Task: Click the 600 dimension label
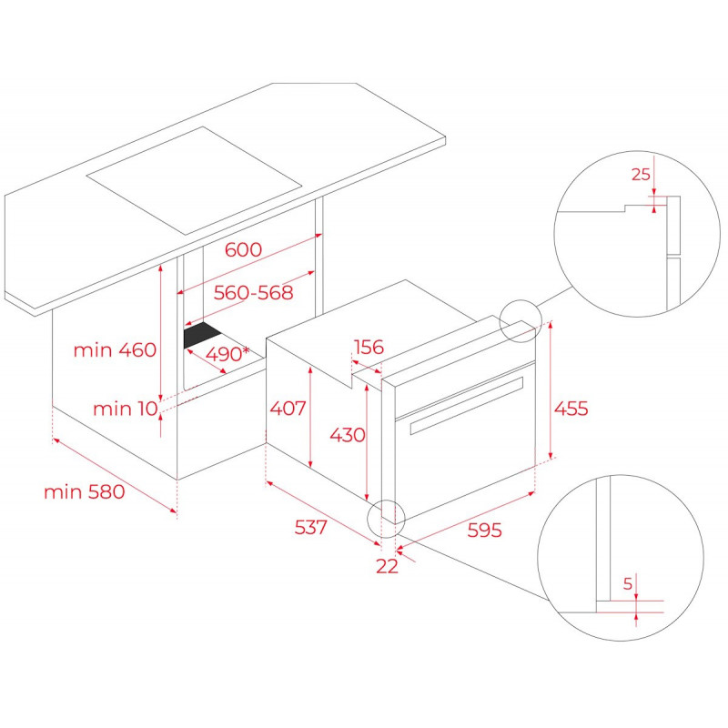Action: click(243, 249)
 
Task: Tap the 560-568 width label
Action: click(254, 292)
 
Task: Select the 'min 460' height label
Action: click(116, 349)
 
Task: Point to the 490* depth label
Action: click(227, 354)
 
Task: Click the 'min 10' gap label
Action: click(126, 409)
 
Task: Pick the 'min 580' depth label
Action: click(85, 491)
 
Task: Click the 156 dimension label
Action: click(369, 347)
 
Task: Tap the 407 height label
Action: click(288, 408)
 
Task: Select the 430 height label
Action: click(348, 435)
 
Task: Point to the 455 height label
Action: click(571, 409)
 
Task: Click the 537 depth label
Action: click(311, 527)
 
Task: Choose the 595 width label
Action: click(485, 530)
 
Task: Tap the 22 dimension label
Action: click(388, 566)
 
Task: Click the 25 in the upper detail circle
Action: click(642, 175)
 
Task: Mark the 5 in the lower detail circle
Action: click(628, 583)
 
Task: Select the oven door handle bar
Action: click(466, 405)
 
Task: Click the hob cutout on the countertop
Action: click(194, 180)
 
